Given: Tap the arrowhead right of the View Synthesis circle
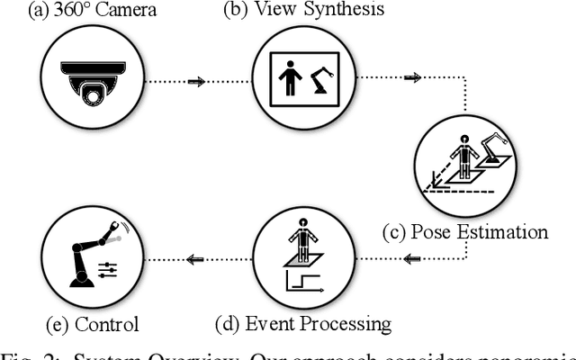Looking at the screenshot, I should pyautogui.click(x=413, y=78).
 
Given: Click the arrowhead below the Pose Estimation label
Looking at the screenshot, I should pyautogui.click(x=413, y=261).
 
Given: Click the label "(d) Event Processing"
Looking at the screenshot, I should pyautogui.click(x=304, y=323).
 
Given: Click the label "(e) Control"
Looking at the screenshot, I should pyautogui.click(x=92, y=323).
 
